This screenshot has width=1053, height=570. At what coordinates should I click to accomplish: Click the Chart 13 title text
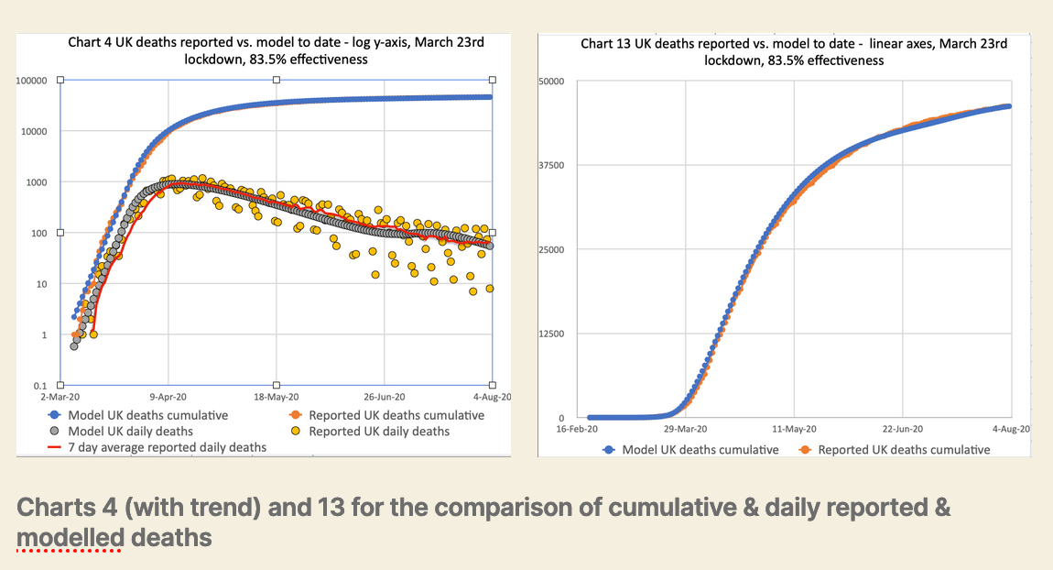pos(794,52)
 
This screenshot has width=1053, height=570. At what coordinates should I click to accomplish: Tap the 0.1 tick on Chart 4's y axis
pos(44,386)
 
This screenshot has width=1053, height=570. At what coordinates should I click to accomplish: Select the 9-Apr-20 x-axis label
pos(168,399)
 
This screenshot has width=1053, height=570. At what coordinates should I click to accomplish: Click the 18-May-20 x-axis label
pos(277,399)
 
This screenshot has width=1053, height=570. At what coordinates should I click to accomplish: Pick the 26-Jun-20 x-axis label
pos(385,399)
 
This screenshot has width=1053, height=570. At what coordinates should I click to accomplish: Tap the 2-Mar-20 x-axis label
pos(60,399)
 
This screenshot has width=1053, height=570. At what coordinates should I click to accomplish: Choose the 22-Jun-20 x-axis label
pos(903,429)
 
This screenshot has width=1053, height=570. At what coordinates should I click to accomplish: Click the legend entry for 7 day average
pos(156,447)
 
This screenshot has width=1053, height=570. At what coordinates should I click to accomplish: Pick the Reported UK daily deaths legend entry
pos(378,431)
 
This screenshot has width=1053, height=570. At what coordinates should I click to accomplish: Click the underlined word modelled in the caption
pos(70,537)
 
